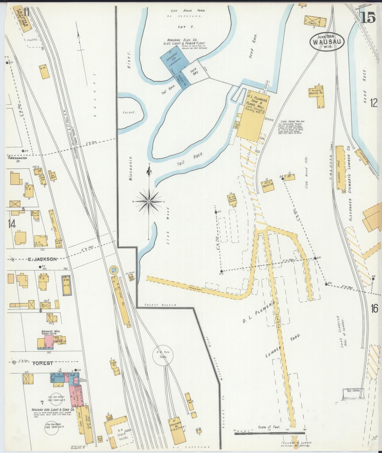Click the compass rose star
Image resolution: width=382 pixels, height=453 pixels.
[x=149, y=202]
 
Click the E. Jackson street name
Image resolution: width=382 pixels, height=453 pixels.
[x=42, y=259]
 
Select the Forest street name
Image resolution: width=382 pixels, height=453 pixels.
[x=43, y=363]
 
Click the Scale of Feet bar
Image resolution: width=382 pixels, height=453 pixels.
[x=270, y=433]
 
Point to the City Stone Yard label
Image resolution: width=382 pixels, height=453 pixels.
[x=188, y=11]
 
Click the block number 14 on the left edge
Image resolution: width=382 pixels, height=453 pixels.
[x=12, y=224]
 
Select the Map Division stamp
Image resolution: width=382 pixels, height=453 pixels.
[x=353, y=391]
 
